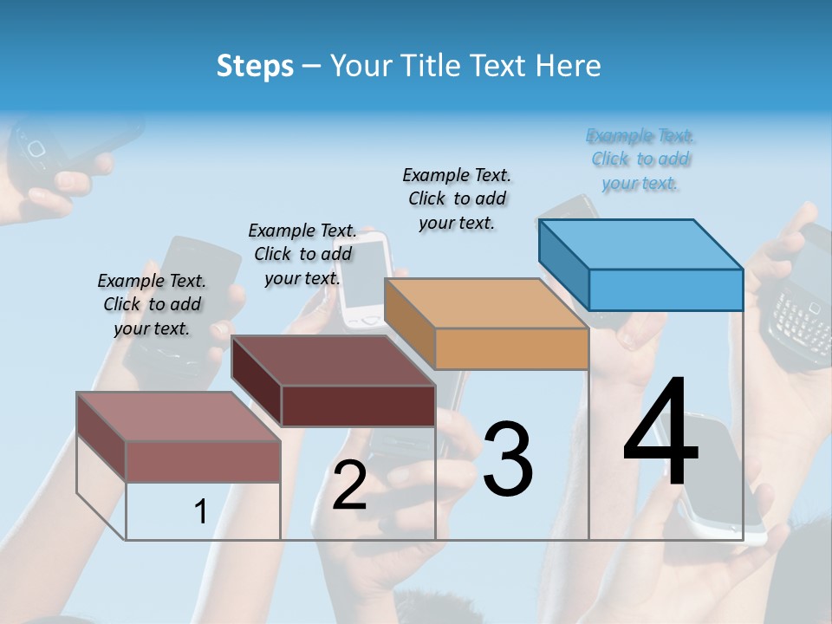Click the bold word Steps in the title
pyautogui.click(x=255, y=66)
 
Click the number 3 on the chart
pyautogui.click(x=507, y=459)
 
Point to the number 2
pyautogui.click(x=349, y=486)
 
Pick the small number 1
pyautogui.click(x=200, y=512)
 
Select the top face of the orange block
pyautogui.click(x=485, y=303)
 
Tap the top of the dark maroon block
pyautogui.click(x=333, y=361)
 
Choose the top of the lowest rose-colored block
pyautogui.click(x=179, y=417)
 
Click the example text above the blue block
pyautogui.click(x=640, y=159)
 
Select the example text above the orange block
pyautogui.click(x=457, y=199)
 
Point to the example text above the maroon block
pyautogui.click(x=302, y=254)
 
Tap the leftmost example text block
pyautogui.click(x=152, y=304)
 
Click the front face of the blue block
pyautogui.click(x=666, y=289)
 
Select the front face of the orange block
pyautogui.click(x=511, y=349)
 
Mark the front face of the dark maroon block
pyautogui.click(x=358, y=406)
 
